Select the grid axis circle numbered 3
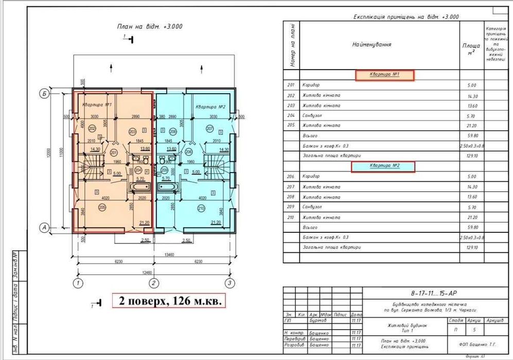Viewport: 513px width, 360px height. pos(230,283)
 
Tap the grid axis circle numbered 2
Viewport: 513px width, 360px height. pos(153,283)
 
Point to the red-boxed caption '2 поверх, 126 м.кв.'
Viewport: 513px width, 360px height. pos(168,301)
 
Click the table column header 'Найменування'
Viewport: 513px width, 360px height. pos(372,44)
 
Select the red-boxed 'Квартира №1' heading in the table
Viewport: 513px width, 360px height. pos(384,75)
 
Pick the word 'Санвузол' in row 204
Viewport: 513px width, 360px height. pos(312,116)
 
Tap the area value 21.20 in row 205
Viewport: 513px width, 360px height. pos(471,126)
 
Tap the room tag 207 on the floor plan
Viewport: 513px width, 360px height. pos(209,128)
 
